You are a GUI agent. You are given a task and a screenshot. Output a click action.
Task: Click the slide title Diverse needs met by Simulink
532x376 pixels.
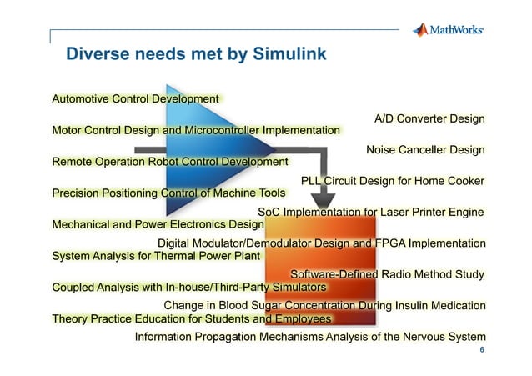pyautogui.click(x=196, y=55)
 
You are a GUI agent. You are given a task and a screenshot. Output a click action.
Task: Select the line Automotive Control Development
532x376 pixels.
pyautogui.click(x=135, y=99)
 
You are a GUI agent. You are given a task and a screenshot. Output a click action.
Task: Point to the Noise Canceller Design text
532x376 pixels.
pyautogui.click(x=425, y=150)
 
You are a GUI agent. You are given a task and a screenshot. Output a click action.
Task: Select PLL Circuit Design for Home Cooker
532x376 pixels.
pyautogui.click(x=393, y=181)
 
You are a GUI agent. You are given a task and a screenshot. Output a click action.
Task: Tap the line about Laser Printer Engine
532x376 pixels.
pyautogui.click(x=371, y=212)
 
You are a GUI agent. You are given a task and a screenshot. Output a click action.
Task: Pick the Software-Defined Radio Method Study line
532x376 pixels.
pyautogui.click(x=387, y=274)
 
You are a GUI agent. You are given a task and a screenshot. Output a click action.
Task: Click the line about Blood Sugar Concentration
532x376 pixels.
pyautogui.click(x=324, y=305)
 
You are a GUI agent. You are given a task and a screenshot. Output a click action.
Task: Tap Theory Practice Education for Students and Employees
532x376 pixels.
pyautogui.click(x=192, y=318)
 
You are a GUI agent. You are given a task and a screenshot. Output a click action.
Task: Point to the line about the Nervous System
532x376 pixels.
pyautogui.click(x=310, y=337)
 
